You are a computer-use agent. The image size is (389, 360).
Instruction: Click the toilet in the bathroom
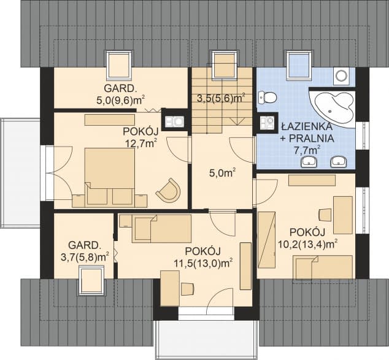[267, 98]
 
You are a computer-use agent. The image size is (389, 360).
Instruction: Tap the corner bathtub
[333, 107]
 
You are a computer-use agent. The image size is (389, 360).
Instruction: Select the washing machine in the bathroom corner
[342, 75]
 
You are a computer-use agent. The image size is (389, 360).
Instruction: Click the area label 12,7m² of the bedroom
[141, 143]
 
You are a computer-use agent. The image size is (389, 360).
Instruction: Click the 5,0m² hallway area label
[223, 173]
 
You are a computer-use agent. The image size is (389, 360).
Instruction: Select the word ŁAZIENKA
[307, 126]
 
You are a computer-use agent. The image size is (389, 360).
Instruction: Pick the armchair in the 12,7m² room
[168, 190]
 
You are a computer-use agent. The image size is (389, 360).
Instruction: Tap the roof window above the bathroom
[299, 66]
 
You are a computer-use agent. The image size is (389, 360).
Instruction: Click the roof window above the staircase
[224, 65]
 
